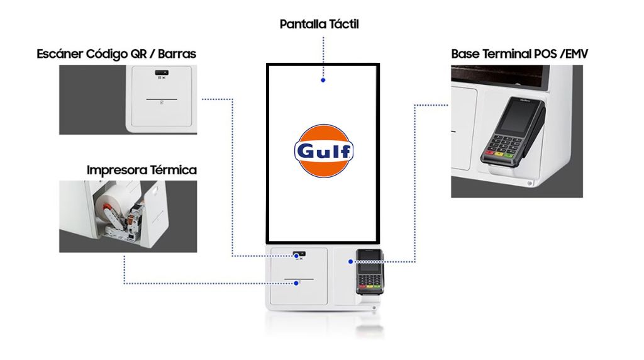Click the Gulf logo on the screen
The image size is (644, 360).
pos(324,151)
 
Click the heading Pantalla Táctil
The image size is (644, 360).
pos(319,25)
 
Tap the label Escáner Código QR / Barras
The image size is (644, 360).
pos(116,54)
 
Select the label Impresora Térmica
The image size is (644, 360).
pos(142,170)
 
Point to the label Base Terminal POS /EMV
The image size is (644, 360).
pos(519,54)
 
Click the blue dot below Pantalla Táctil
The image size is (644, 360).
pos(323,80)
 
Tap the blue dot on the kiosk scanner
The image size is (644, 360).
pos(297,256)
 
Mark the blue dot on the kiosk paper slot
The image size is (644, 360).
pos(296,283)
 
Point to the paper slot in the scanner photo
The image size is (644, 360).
pos(162,99)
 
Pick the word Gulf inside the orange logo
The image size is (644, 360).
pos(324,152)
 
